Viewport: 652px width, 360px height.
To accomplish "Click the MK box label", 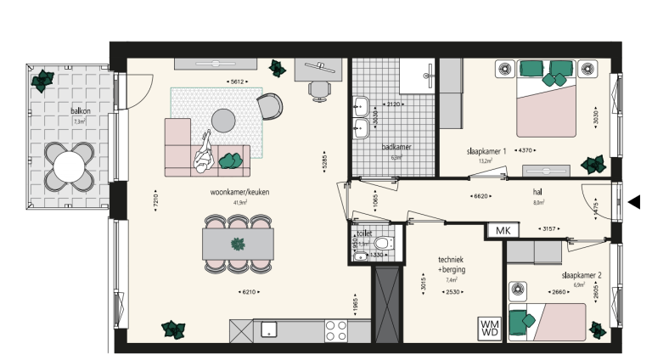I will tap(503, 230).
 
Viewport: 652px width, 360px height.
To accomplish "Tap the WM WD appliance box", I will tap(490, 327).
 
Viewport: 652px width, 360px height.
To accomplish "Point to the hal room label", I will tap(537, 193).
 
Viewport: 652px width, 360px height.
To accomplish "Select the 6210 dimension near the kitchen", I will tap(248, 292).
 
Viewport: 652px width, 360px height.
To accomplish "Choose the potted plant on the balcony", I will tap(41, 82).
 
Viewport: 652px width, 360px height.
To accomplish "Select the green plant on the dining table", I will tap(238, 245).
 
